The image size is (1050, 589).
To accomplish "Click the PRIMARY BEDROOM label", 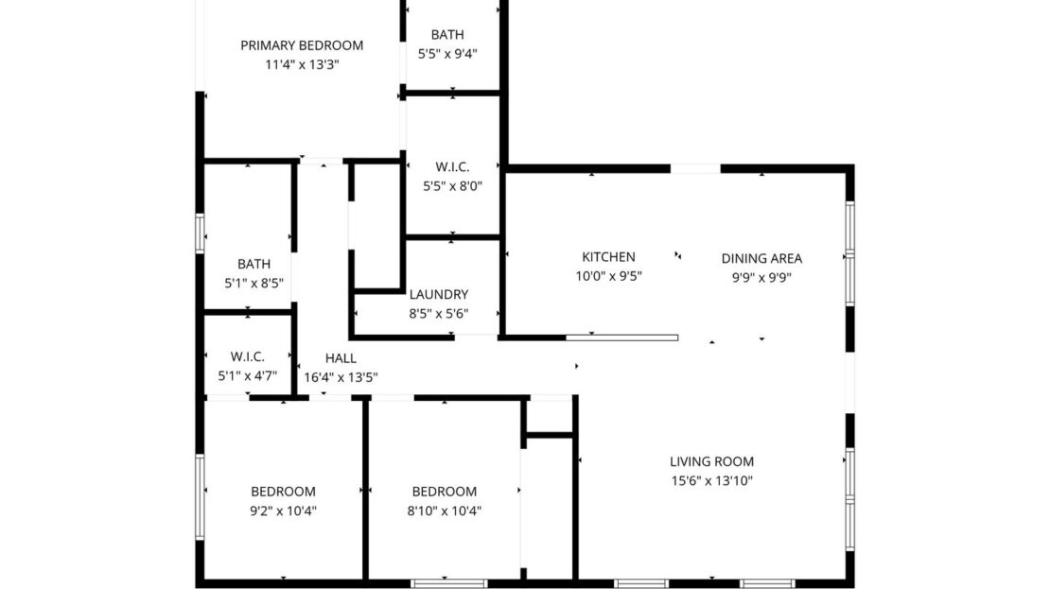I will point(302,45).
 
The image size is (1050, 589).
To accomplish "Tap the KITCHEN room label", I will point(608,257).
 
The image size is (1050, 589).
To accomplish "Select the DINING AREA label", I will point(761,258).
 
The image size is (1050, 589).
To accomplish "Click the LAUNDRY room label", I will point(438,295).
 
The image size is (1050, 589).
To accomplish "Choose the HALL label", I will point(341,358).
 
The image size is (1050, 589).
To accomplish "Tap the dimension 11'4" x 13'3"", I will point(302,64).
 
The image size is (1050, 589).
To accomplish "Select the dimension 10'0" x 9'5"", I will point(608,277).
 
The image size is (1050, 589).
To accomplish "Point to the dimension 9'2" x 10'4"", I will point(283,511).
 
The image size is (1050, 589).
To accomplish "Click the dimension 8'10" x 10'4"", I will point(445,511).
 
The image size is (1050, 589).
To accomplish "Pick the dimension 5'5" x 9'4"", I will point(447,54).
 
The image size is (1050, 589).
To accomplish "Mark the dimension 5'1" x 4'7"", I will point(247,375).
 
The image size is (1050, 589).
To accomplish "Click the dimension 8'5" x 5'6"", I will point(438,314).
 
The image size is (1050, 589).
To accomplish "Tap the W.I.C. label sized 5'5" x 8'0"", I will point(452,167).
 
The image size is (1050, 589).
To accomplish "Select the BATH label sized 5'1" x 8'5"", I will point(254,265).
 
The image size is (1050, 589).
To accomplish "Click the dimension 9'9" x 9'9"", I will point(761,277).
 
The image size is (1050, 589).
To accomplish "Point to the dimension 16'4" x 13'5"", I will point(341,376).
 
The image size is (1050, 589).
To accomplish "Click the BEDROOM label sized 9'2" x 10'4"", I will point(283,492).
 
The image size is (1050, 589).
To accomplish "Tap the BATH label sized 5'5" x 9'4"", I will point(447,35).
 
